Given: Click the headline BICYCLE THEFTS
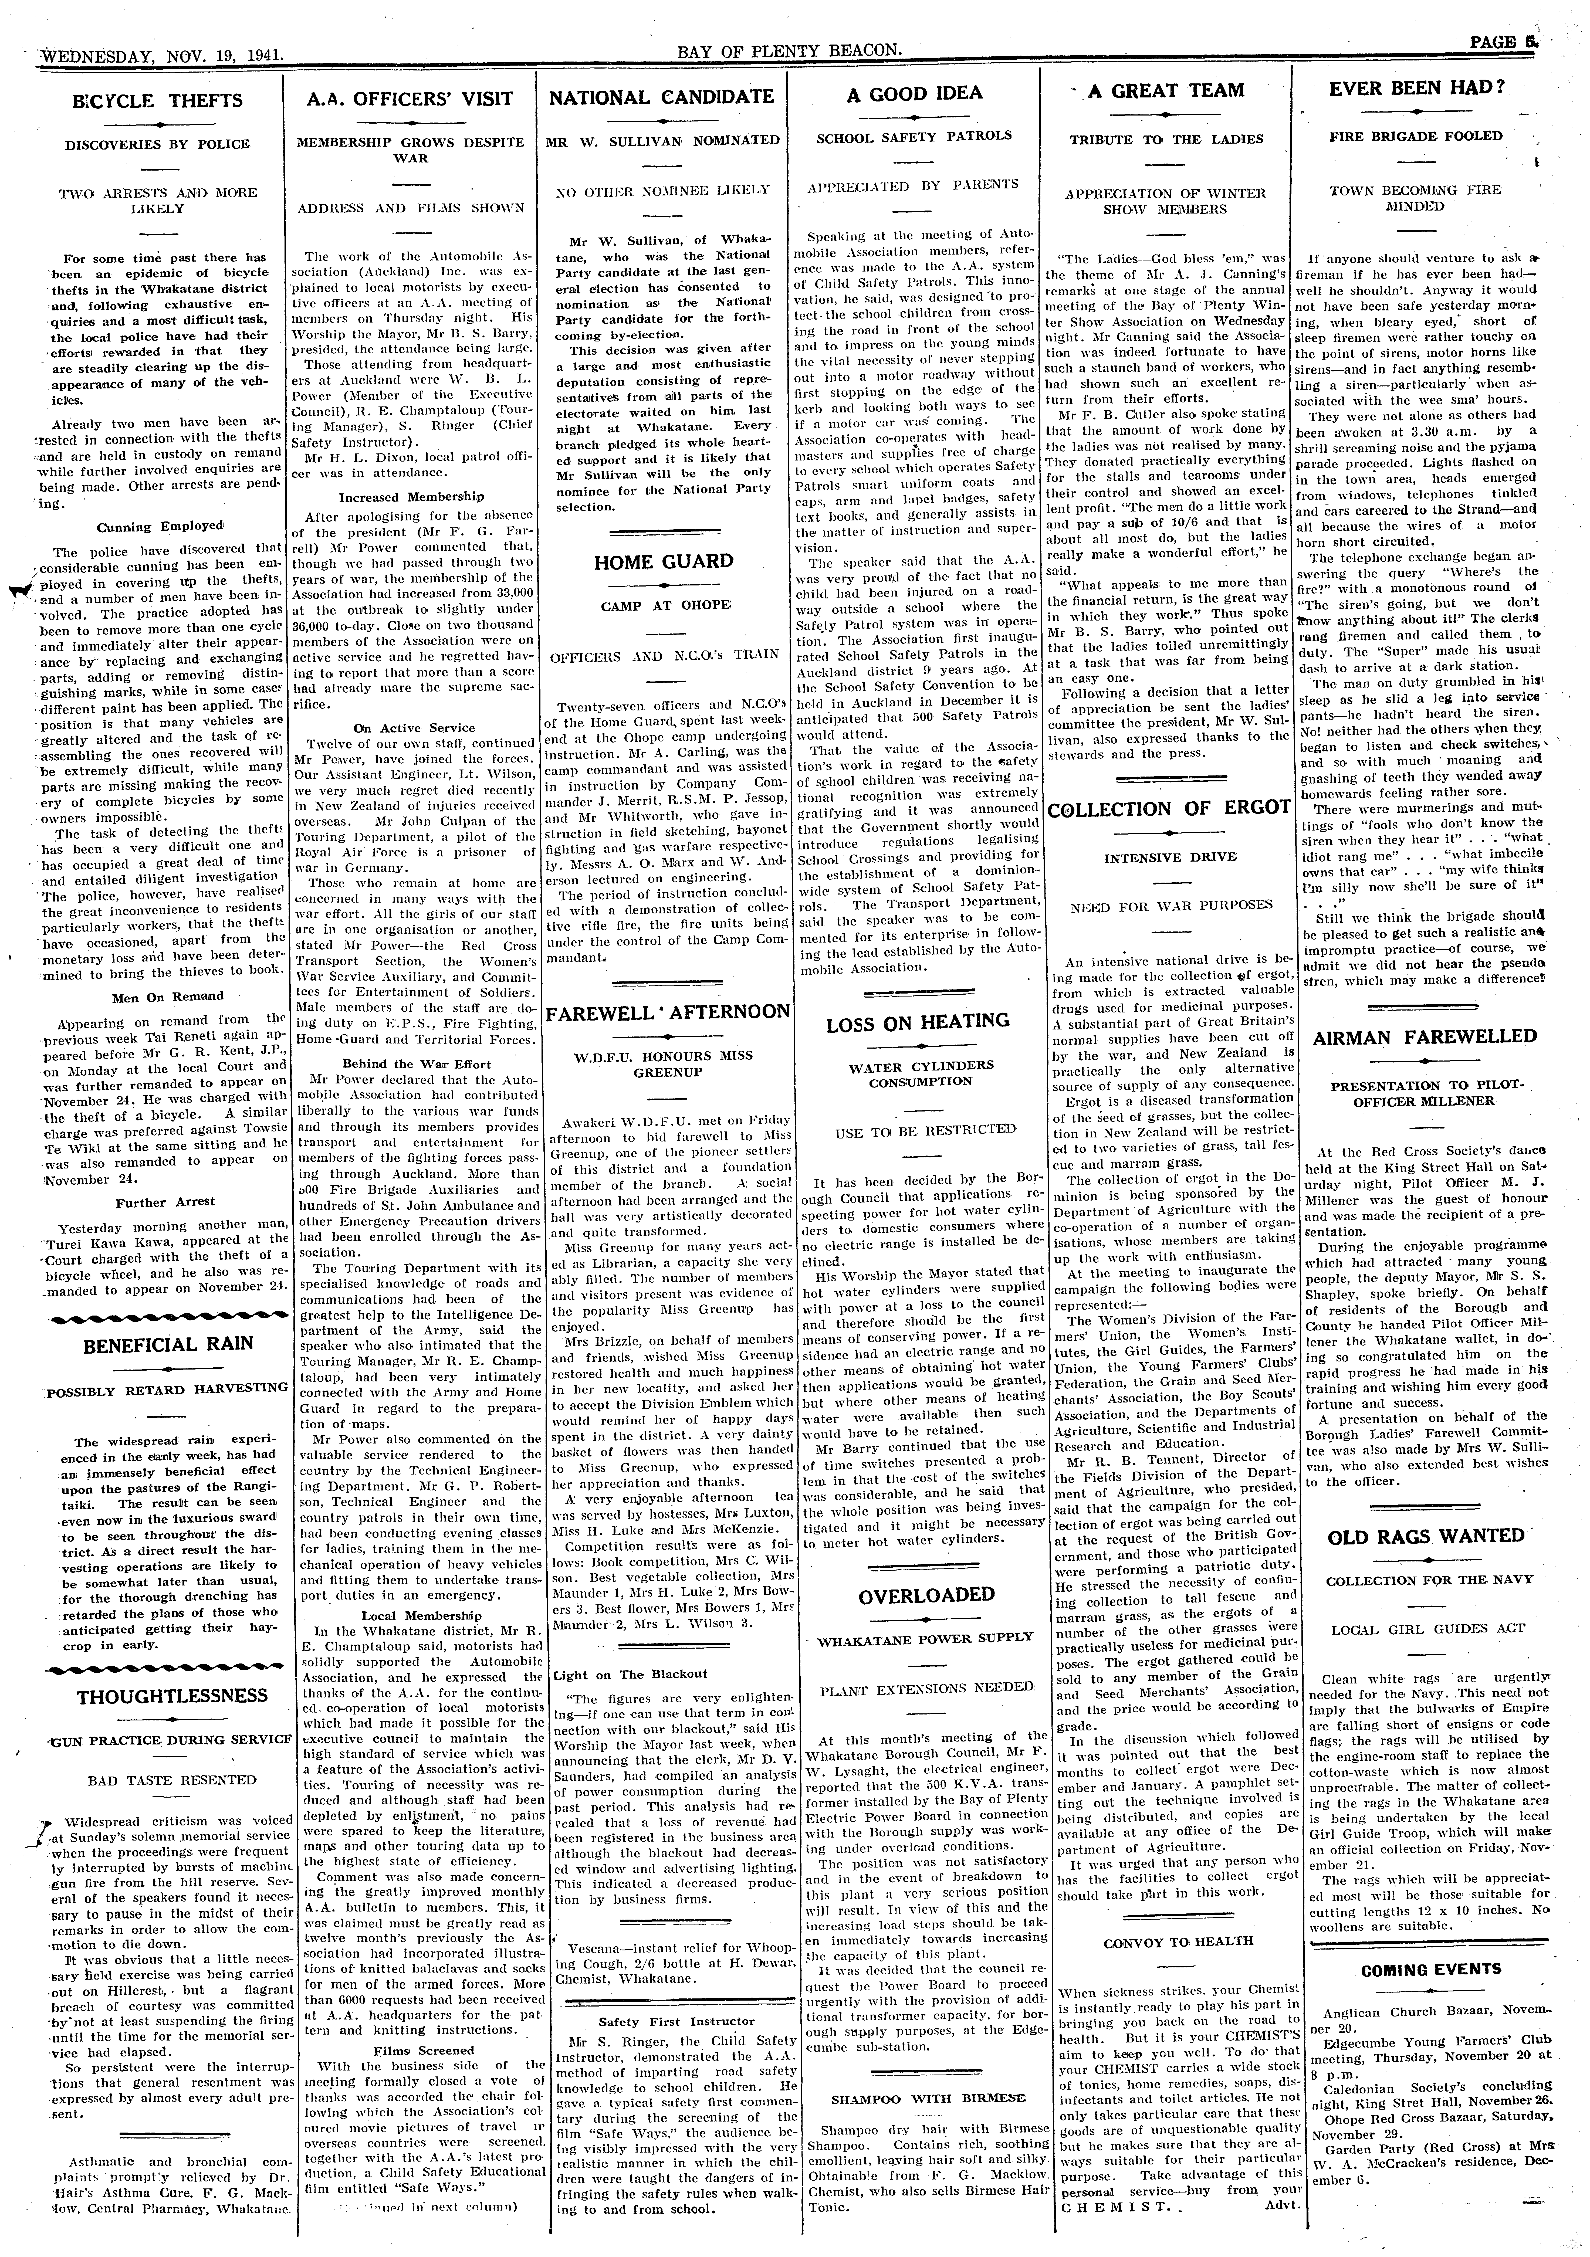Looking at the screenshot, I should coord(157,100).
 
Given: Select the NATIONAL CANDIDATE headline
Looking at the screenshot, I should coord(662,96).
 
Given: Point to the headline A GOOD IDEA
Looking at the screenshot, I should coord(915,93).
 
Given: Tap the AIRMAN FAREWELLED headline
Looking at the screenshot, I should coord(1425,1037).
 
